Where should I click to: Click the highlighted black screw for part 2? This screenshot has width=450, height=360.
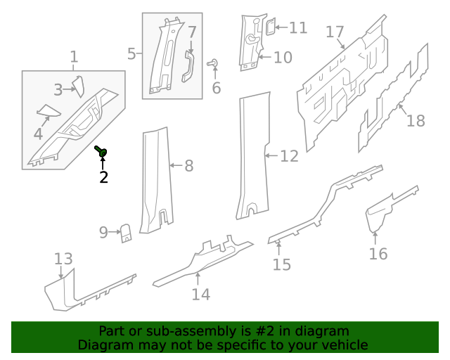pos(101,151)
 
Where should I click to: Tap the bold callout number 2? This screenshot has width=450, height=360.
pos(103,177)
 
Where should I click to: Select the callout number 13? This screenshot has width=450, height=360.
pos(63,259)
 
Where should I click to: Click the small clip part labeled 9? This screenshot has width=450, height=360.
pos(126,232)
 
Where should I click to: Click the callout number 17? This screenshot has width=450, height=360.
pos(335,32)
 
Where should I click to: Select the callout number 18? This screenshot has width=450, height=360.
pos(416,120)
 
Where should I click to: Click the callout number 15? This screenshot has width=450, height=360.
pos(281,264)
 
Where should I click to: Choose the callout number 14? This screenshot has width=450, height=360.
pos(200,294)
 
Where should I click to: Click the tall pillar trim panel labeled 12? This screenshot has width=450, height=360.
pos(252,155)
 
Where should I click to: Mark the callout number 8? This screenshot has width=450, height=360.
pos(188,166)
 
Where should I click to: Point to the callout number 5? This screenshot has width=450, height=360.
pos(131,53)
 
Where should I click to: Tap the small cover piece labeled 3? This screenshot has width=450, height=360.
pos(77,86)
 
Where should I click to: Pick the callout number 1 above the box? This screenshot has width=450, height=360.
pos(74,57)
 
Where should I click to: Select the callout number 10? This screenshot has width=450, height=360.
pos(283,57)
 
